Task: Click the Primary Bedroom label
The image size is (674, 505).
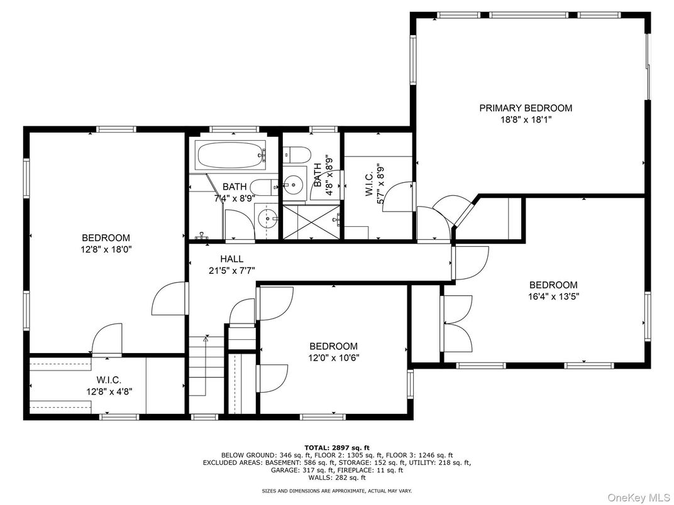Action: click(526, 108)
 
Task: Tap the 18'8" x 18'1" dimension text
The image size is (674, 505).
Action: click(526, 120)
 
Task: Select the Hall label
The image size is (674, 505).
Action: click(231, 259)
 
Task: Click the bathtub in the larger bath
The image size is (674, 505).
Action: click(231, 156)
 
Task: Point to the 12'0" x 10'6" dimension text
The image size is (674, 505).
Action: click(334, 358)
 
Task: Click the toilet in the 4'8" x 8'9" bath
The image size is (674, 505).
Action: click(297, 155)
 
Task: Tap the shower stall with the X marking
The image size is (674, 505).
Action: click(311, 221)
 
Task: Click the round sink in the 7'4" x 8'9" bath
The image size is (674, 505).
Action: click(267, 219)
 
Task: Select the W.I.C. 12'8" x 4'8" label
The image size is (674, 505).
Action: click(109, 386)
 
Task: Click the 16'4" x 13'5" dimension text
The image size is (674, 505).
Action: click(553, 296)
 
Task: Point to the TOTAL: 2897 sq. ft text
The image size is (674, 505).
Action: click(336, 448)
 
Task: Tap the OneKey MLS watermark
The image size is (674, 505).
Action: click(639, 497)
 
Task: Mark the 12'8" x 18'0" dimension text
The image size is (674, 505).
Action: click(106, 249)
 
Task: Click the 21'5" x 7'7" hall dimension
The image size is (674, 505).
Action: click(231, 271)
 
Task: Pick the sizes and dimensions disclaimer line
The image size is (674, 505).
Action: click(337, 490)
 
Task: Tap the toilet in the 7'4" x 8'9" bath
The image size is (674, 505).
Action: click(263, 186)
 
